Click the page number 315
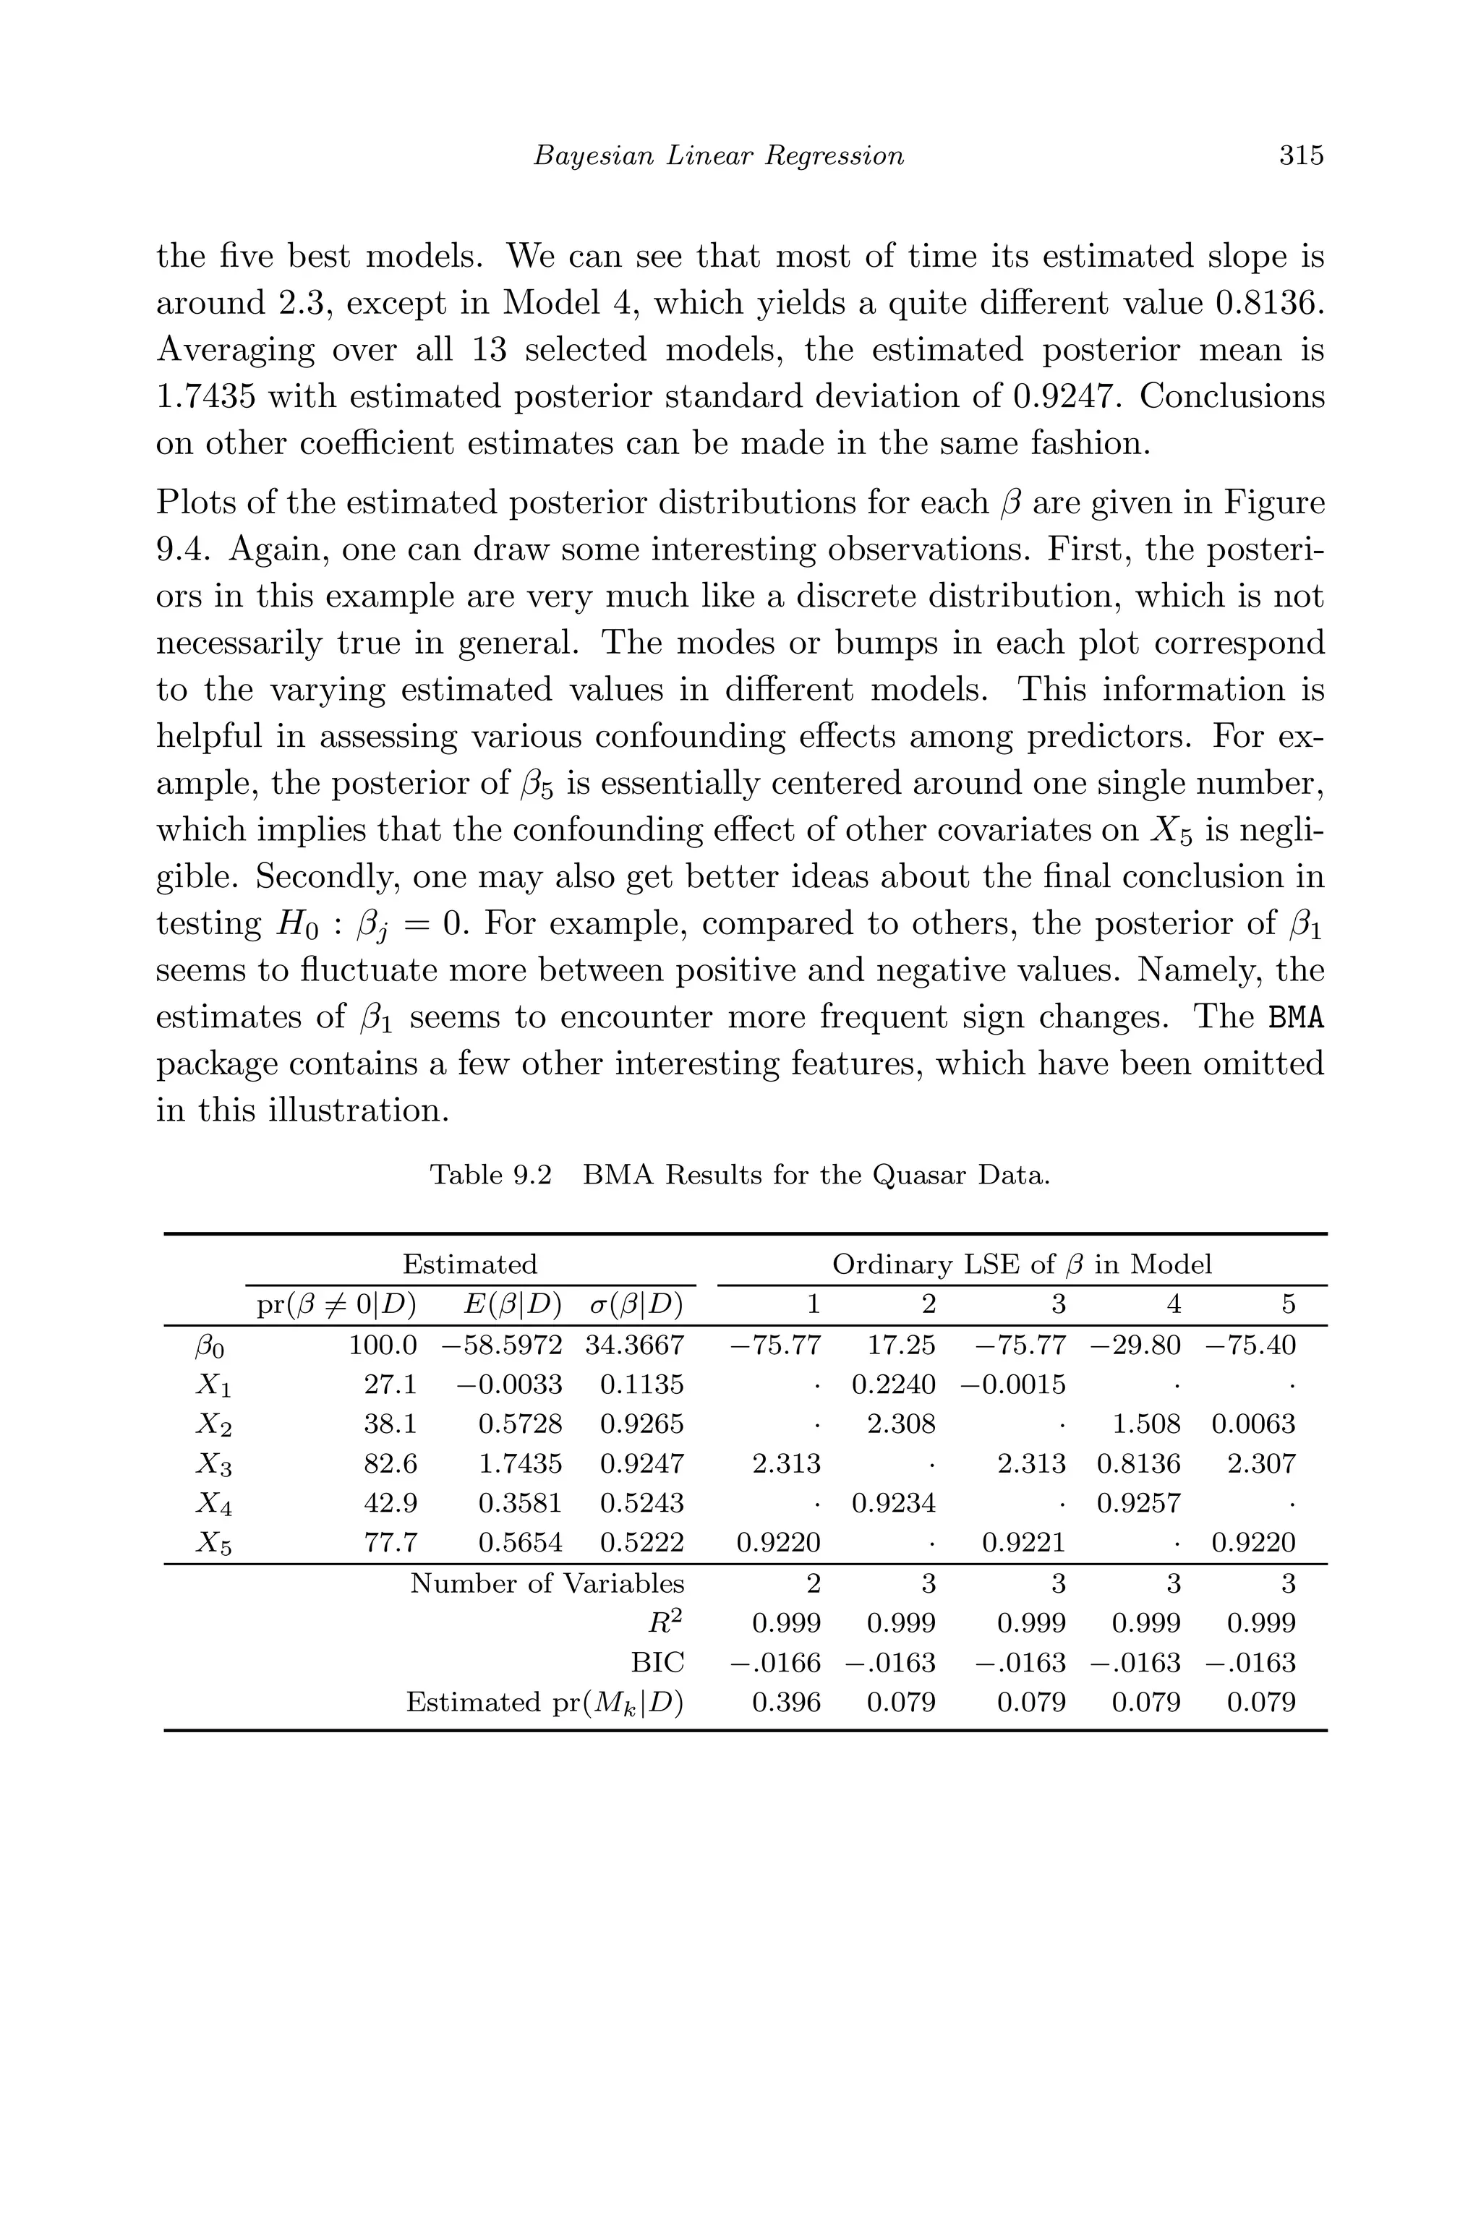click(x=1301, y=155)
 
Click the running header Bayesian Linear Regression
click(x=718, y=155)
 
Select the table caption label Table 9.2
click(x=490, y=1176)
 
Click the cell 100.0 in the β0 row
click(x=383, y=1345)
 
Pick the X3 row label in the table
click(x=213, y=1465)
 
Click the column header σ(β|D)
click(x=635, y=1305)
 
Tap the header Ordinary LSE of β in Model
click(x=1021, y=1264)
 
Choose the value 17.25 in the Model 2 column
click(x=901, y=1345)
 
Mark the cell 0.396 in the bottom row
click(x=786, y=1703)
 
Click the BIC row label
click(x=660, y=1663)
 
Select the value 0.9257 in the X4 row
click(x=1138, y=1503)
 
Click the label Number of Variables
click(x=547, y=1583)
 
